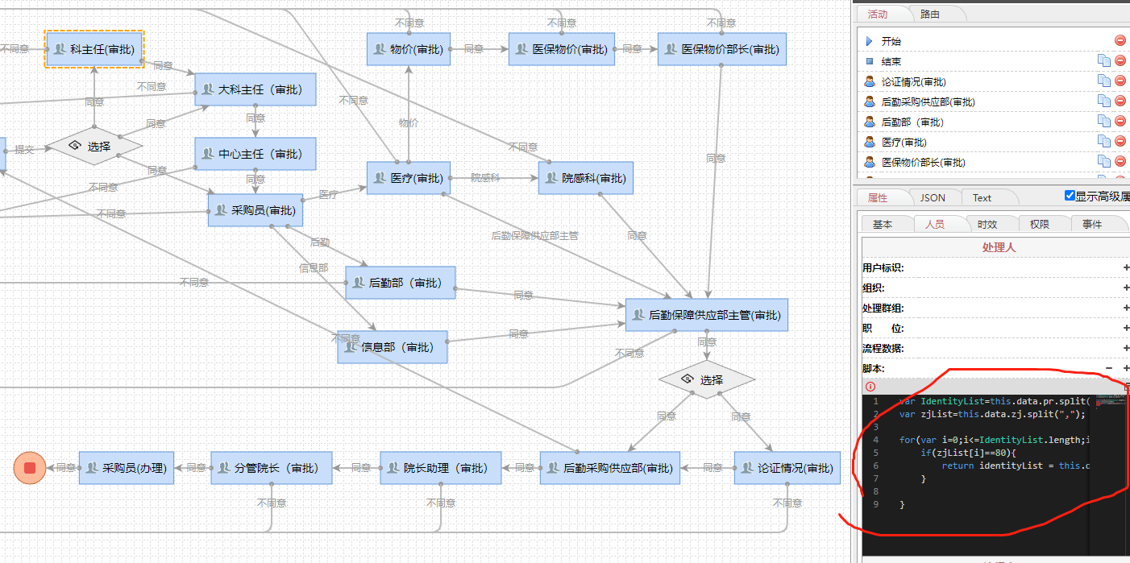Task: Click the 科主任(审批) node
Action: click(94, 49)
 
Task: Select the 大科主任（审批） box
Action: click(255, 89)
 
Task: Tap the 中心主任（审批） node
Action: click(255, 154)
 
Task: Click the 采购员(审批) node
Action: click(255, 210)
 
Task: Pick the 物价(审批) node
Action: click(409, 49)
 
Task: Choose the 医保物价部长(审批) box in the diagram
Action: click(721, 49)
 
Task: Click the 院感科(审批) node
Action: click(585, 178)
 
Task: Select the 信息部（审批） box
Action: click(392, 347)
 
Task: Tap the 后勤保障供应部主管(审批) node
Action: click(706, 315)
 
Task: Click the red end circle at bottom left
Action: click(30, 468)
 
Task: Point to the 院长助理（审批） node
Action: click(440, 468)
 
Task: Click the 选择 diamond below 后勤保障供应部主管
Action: click(706, 379)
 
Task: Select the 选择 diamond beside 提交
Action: click(93, 147)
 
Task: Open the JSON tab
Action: click(933, 197)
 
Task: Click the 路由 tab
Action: click(929, 14)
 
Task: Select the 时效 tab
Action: click(987, 224)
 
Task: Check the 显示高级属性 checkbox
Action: click(1070, 196)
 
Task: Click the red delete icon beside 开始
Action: click(1120, 41)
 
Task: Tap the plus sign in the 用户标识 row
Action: click(1125, 267)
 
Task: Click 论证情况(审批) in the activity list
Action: click(913, 81)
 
